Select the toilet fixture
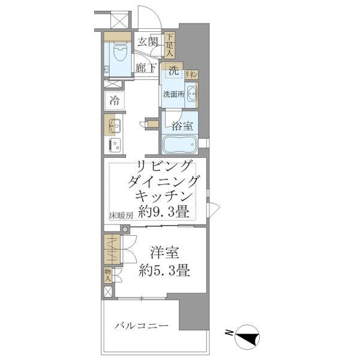[118, 56]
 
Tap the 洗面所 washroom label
[173, 94]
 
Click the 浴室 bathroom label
[182, 126]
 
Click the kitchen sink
[114, 126]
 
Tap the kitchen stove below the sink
[114, 145]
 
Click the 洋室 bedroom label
[162, 252]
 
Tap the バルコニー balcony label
[142, 326]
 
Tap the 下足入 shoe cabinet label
[169, 46]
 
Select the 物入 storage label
[108, 275]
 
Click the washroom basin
[191, 94]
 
